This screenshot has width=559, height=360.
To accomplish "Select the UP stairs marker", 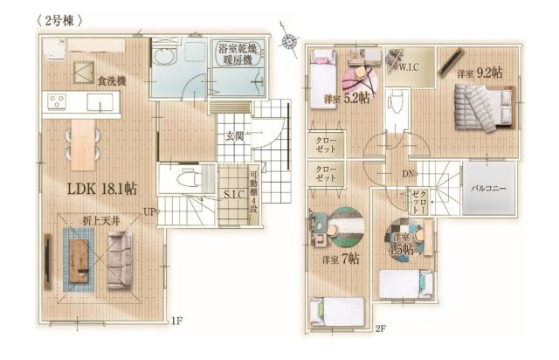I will [x=150, y=211].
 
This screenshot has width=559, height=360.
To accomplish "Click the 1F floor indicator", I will [x=177, y=321].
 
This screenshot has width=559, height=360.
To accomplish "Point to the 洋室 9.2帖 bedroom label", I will [x=477, y=74].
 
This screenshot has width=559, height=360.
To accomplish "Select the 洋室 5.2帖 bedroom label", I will [x=346, y=99].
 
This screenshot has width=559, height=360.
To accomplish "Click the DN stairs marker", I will [x=407, y=172].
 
